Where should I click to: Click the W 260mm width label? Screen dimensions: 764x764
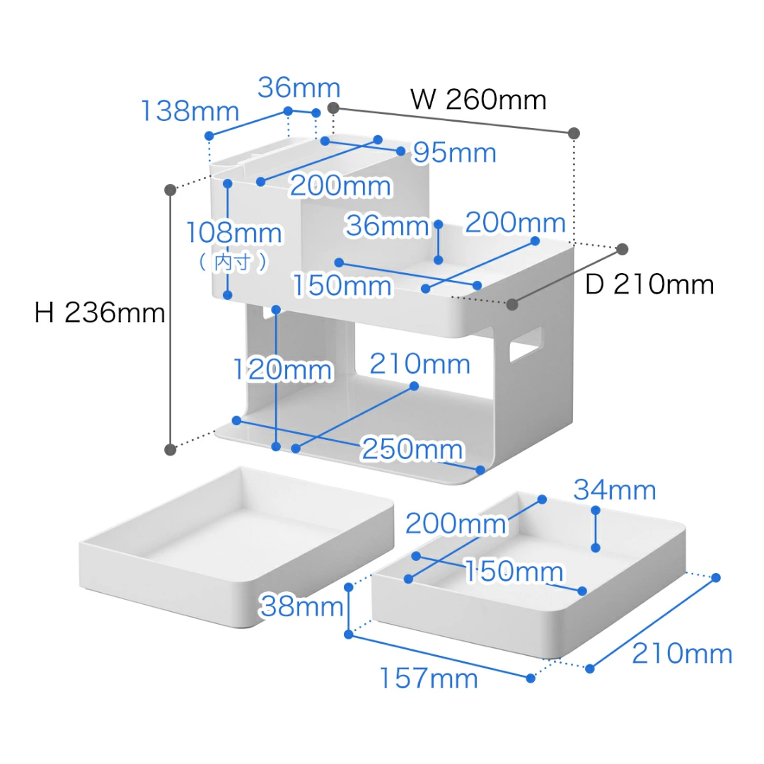479,100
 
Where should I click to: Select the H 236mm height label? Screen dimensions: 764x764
99,313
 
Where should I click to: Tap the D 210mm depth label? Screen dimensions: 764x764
649,284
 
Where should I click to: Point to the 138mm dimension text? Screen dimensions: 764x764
190,111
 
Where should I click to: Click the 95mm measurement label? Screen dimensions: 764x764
455,153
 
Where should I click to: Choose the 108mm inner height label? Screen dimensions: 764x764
234,233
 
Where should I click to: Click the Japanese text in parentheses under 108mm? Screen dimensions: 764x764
233,262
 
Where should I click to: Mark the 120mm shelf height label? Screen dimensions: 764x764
283,369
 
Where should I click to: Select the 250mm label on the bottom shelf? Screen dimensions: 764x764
412,449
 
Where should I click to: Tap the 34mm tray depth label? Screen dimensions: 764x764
615,490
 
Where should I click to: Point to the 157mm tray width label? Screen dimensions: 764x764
429,678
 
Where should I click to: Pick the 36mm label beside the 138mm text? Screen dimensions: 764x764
299,88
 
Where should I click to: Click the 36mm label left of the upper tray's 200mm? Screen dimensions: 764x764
387,226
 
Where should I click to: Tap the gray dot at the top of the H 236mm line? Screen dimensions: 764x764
170,190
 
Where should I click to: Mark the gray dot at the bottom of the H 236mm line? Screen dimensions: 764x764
170,449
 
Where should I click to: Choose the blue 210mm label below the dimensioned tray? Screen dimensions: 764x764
681,654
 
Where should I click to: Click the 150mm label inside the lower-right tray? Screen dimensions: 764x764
514,572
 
